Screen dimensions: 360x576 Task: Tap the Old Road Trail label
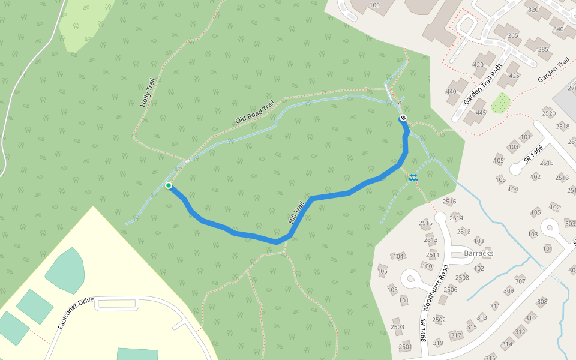point(254,112)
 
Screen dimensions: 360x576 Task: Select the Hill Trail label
point(297,213)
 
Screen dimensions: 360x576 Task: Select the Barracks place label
point(479,253)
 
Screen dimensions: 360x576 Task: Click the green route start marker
point(169,186)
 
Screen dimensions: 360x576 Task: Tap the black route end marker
point(404,118)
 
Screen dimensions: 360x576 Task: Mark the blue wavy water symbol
point(413,178)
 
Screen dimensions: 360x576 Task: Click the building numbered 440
point(451,92)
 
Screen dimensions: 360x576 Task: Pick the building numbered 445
point(481,113)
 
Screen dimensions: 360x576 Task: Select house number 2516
point(449,201)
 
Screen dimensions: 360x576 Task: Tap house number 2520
point(548,113)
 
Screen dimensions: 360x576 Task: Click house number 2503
point(397,326)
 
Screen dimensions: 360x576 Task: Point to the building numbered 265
point(512,35)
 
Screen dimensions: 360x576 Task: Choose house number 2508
point(462,277)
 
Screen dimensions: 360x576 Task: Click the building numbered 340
point(559,29)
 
